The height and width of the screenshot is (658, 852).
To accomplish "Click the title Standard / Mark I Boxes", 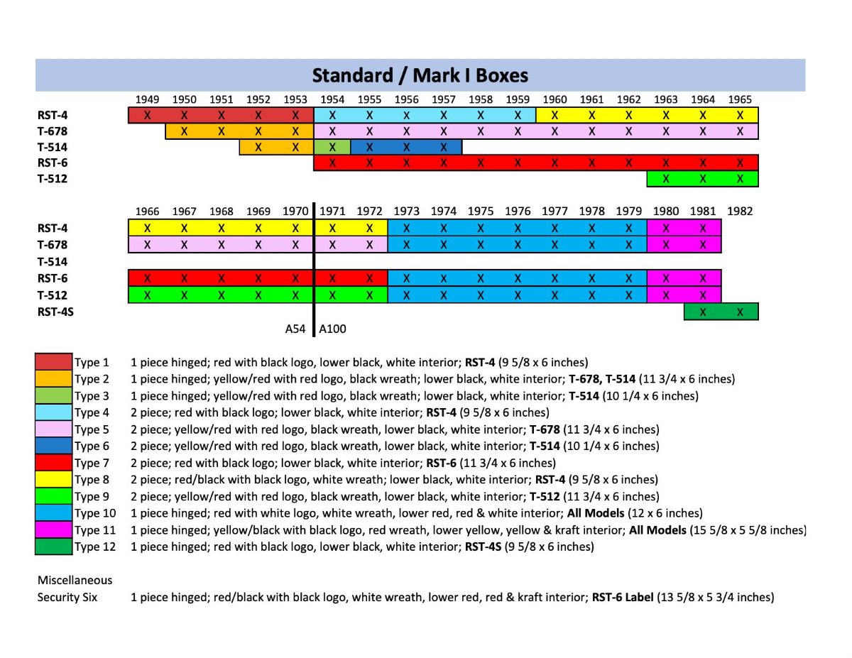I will (x=420, y=75).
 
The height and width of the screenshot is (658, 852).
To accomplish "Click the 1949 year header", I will (x=147, y=99).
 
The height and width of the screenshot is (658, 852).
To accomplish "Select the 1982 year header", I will (x=739, y=211).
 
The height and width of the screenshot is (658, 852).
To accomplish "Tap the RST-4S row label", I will (x=55, y=312).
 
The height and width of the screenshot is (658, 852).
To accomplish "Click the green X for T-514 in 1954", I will (x=332, y=147).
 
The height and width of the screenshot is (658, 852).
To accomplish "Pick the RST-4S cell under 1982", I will (x=740, y=312).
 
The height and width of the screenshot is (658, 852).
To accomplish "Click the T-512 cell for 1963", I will (x=665, y=179).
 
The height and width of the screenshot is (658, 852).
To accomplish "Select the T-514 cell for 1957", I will (x=443, y=147).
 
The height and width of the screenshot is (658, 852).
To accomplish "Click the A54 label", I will (x=295, y=329).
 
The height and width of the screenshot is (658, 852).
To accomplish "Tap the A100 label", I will (x=333, y=329).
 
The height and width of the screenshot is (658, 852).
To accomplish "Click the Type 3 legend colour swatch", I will (x=54, y=395).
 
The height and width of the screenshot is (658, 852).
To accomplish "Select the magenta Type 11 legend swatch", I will (x=54, y=530).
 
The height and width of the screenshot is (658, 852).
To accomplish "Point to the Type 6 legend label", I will (x=92, y=446).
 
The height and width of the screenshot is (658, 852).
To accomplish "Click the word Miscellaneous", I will (x=75, y=580).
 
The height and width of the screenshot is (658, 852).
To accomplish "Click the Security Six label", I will (x=67, y=597).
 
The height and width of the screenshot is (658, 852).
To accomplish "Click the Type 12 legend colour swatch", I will (x=54, y=547).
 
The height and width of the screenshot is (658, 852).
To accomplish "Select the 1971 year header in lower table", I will (x=332, y=211).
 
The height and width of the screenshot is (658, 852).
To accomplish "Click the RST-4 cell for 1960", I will (x=555, y=115).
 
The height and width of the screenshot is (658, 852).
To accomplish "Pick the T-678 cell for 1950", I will (x=184, y=131).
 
